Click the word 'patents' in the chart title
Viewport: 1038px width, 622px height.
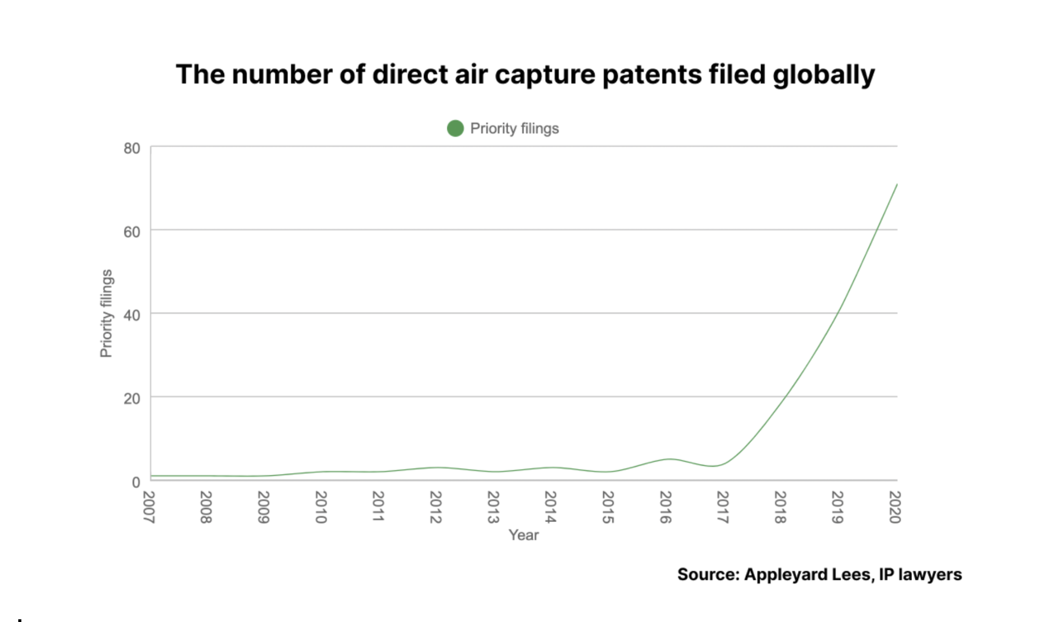pos(651,74)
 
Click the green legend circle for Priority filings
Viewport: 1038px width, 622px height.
pos(455,128)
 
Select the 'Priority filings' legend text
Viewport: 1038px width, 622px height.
pos(514,128)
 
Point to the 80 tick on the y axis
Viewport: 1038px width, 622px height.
pos(132,148)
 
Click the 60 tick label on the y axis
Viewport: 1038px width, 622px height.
pos(132,232)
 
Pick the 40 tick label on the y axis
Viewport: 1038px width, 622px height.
pos(132,315)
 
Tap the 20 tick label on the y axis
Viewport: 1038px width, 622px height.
pos(132,399)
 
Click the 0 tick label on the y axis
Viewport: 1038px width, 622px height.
pos(136,482)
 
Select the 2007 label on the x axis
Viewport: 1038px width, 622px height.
pos(149,507)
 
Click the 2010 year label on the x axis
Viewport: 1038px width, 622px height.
pos(321,507)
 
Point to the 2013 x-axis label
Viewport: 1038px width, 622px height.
pos(493,507)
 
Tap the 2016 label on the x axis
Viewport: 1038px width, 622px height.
pos(666,507)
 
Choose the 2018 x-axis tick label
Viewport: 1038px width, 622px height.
pos(780,507)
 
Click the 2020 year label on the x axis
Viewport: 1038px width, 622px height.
pos(895,507)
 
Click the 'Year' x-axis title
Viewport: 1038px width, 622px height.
pos(523,535)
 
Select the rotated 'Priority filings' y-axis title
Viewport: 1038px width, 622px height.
pos(106,313)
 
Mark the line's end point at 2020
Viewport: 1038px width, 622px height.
pos(896,185)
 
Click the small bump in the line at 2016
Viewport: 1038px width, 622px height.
pos(670,459)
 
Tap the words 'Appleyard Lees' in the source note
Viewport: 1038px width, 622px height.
pos(807,574)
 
